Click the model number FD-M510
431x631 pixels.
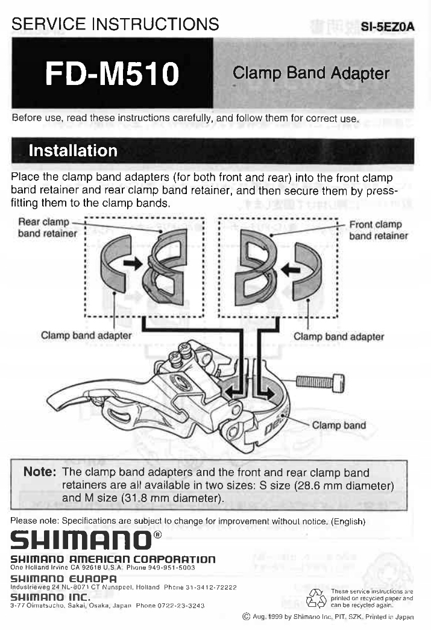(112, 74)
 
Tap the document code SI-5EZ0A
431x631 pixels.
(388, 27)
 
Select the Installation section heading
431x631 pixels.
(74, 151)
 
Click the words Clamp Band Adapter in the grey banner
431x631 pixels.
(311, 74)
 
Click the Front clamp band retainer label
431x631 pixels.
(379, 230)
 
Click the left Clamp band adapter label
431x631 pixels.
(87, 335)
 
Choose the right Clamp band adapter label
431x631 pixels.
(339, 336)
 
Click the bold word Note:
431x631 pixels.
(39, 472)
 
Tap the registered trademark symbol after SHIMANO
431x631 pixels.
(158, 533)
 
